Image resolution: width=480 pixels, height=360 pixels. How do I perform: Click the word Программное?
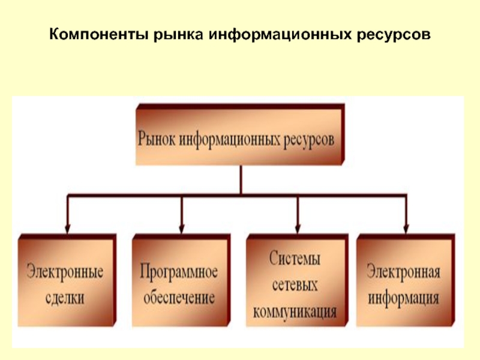point(178,271)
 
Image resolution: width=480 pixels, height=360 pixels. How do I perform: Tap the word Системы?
point(295,259)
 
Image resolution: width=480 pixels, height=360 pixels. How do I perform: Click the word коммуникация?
point(295,311)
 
